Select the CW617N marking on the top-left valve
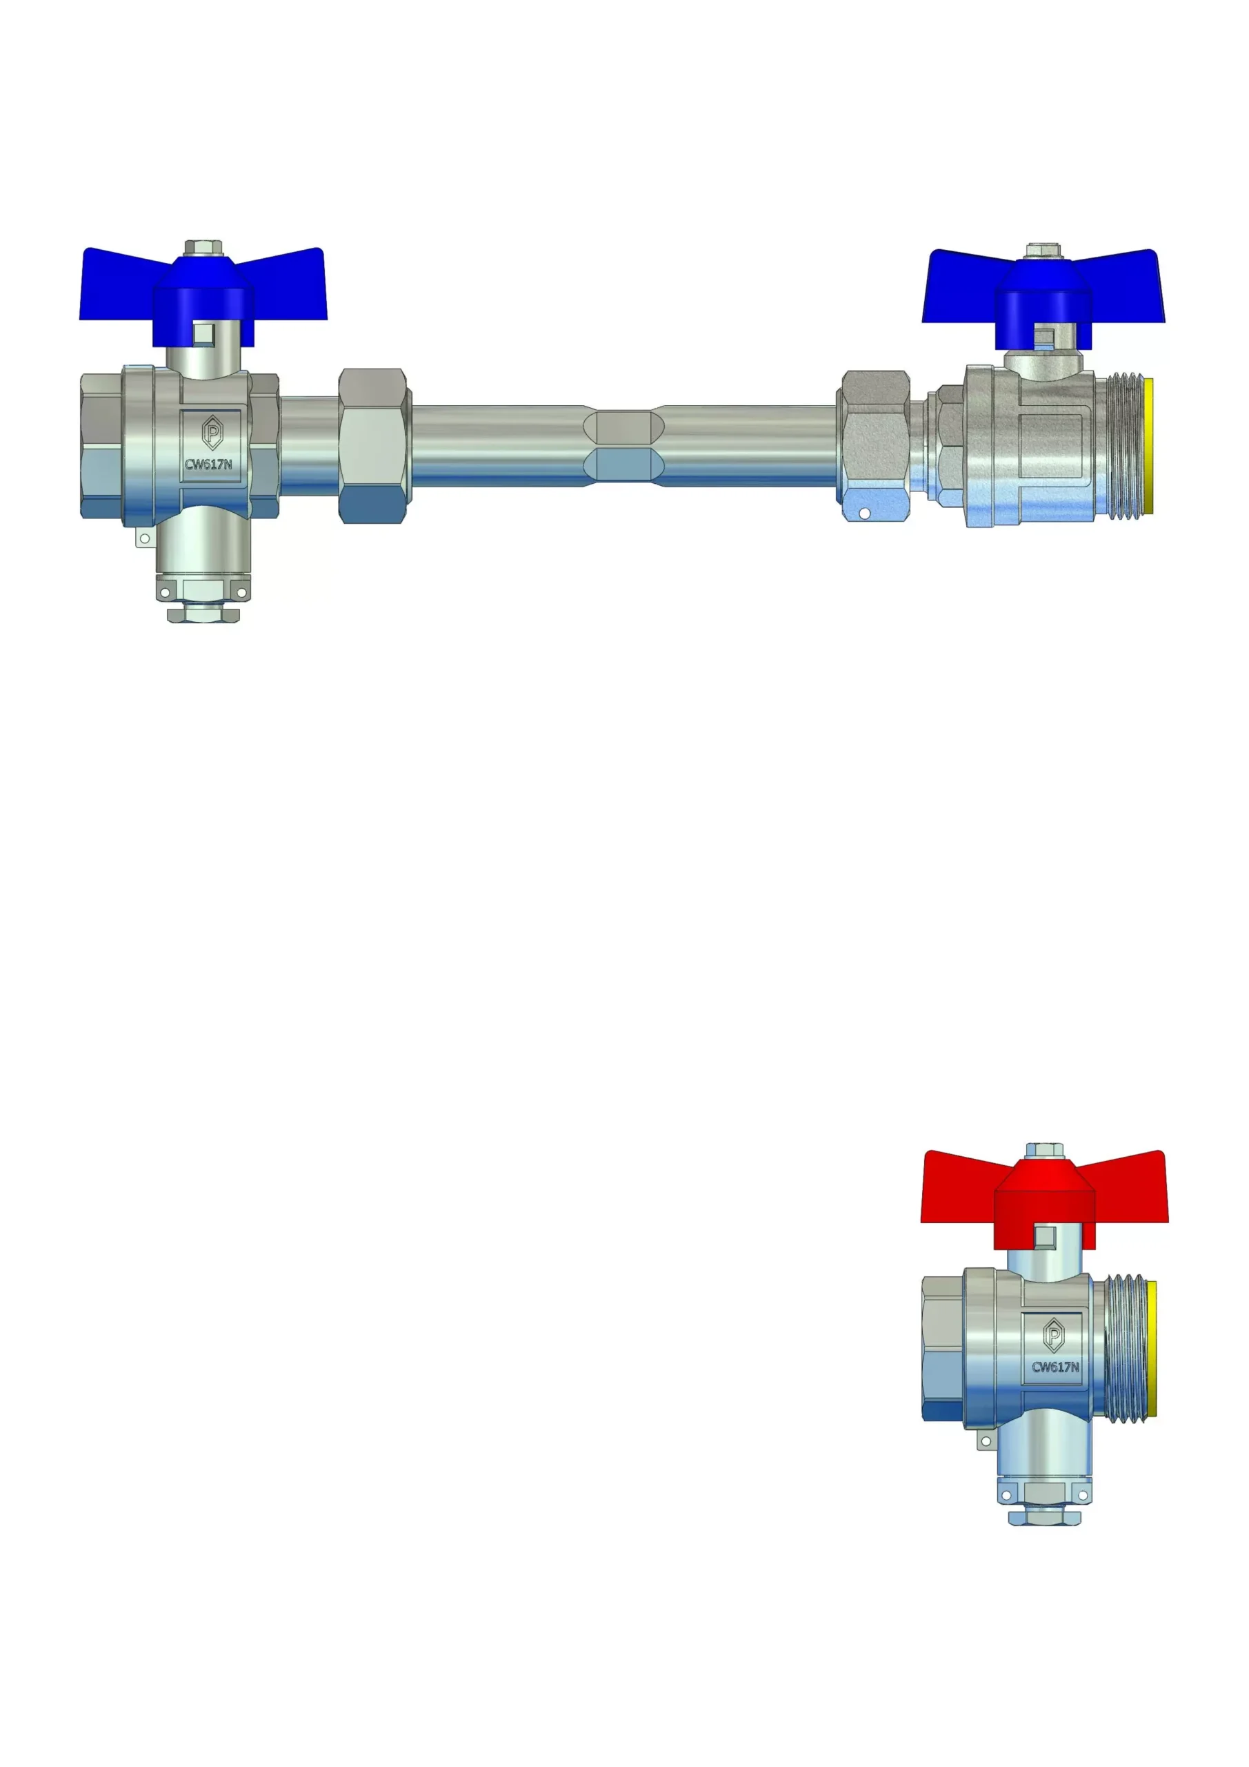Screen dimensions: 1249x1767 208,465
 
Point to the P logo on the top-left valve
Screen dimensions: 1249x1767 212,433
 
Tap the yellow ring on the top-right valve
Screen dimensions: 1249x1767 1149,446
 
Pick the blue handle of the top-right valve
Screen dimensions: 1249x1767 1043,299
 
